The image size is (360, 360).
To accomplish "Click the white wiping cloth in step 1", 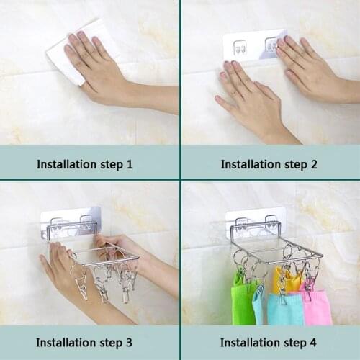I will point(61,58).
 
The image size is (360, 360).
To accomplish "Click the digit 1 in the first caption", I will point(130,164).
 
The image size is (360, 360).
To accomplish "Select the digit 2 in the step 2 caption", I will point(314,164).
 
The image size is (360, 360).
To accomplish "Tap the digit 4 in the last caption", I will point(314,342).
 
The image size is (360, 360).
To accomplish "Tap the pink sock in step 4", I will point(317,306).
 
